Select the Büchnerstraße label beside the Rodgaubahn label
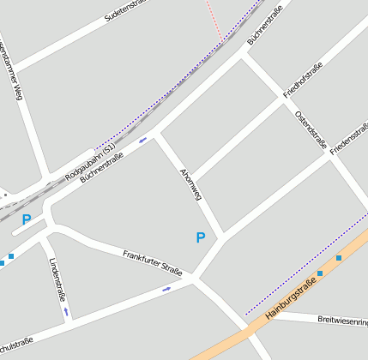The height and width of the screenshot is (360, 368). coord(102,169)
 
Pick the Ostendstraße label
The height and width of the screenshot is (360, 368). coord(311,129)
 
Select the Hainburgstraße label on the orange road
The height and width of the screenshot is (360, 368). coord(297,297)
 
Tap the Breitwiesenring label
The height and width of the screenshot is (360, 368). coord(342,321)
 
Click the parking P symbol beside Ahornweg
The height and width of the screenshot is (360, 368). coord(201,237)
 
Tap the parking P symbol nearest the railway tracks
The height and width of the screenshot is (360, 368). coord(27,219)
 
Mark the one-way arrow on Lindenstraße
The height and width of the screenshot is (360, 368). coord(66,312)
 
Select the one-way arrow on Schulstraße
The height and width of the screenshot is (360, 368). coord(166,289)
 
